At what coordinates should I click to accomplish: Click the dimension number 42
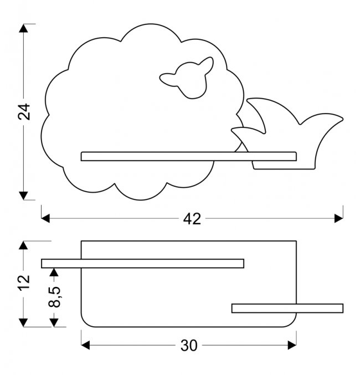[192, 219]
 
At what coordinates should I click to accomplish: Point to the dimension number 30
[189, 346]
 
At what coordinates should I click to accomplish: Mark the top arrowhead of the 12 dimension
[23, 246]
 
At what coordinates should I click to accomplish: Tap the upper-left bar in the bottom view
[142, 264]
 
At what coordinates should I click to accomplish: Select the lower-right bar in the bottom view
[287, 308]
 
